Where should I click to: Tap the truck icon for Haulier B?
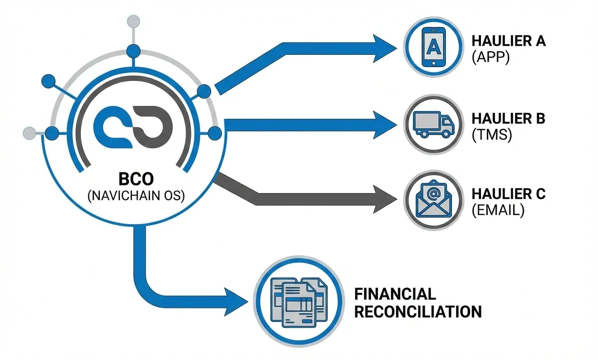click(x=433, y=125)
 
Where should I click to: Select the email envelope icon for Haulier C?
click(x=433, y=201)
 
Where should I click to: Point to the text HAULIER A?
click(x=508, y=41)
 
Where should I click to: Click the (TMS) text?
click(x=492, y=135)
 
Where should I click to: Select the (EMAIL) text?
click(x=498, y=211)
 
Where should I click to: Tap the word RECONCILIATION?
click(x=418, y=311)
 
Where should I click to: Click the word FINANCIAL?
click(x=395, y=294)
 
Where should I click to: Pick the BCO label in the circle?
click(x=136, y=179)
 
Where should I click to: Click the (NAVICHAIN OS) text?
click(x=136, y=196)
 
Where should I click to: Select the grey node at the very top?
click(x=134, y=20)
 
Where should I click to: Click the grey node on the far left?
click(x=29, y=132)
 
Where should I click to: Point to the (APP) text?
click(x=490, y=58)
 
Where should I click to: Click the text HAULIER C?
click(x=508, y=194)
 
